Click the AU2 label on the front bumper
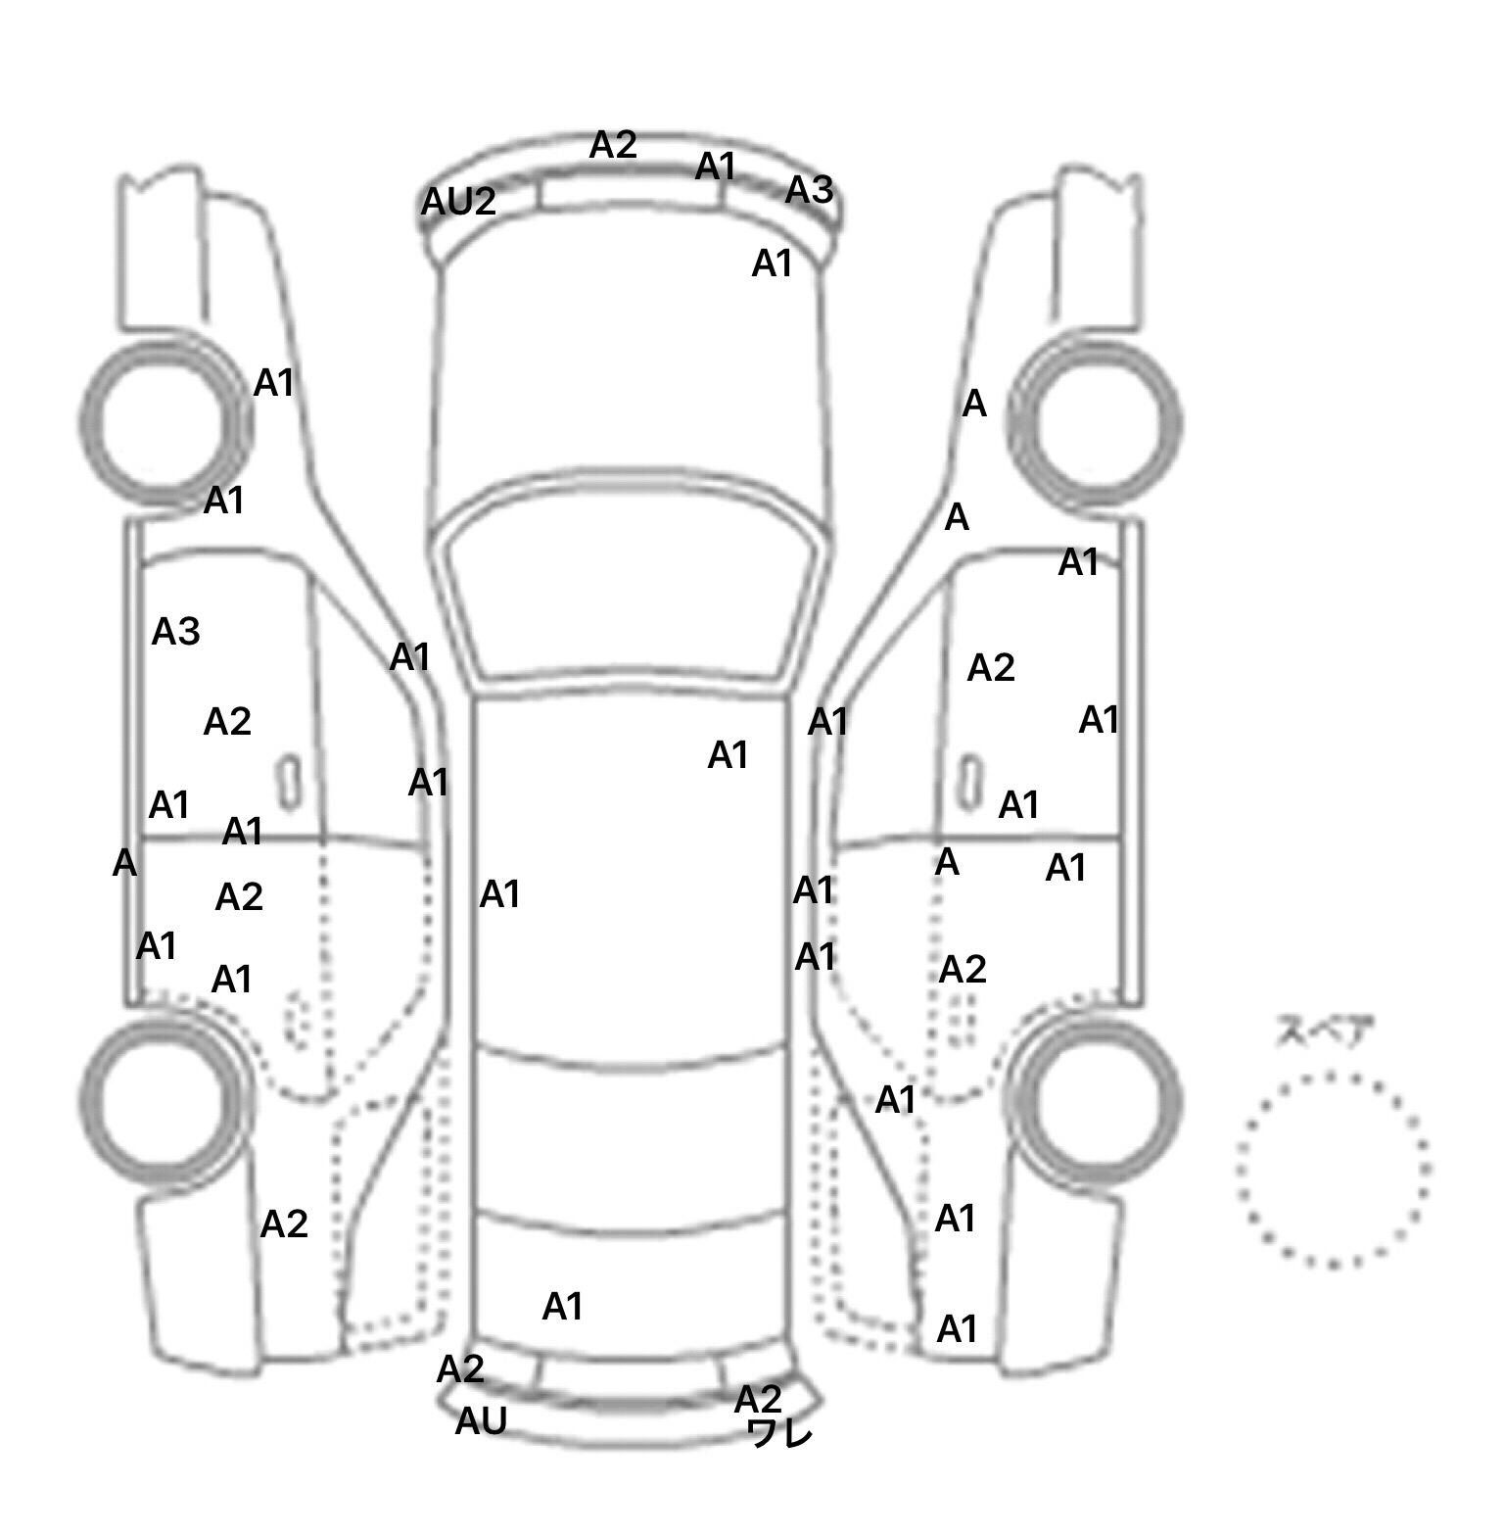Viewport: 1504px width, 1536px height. [x=458, y=202]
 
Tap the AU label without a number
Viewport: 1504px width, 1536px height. [x=481, y=1420]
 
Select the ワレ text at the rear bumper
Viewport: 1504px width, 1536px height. [x=780, y=1434]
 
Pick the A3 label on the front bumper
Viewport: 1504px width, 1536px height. [x=809, y=190]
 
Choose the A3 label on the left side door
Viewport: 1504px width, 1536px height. [x=176, y=632]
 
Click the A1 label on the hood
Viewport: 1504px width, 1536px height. [x=772, y=264]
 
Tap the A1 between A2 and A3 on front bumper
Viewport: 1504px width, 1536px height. [x=715, y=167]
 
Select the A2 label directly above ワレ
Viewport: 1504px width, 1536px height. [x=758, y=1398]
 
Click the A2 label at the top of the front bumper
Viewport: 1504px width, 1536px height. [x=613, y=145]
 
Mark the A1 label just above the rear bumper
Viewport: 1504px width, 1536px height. [x=562, y=1306]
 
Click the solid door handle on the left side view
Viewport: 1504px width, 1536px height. [x=289, y=782]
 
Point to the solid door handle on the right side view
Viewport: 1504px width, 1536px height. [x=970, y=782]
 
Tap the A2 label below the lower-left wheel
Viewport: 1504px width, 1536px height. [x=284, y=1224]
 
